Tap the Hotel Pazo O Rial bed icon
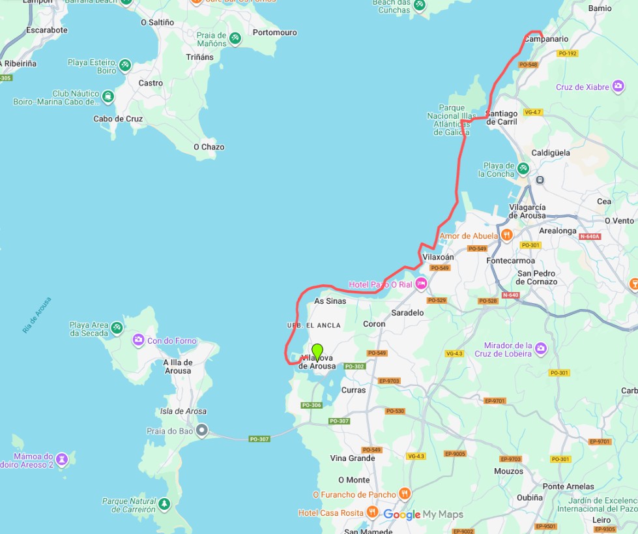tap(421, 284)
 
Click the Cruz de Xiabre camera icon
tap(617, 87)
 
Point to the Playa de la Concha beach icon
tap(523, 169)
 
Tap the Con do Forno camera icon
tap(138, 340)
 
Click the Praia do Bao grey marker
tap(202, 430)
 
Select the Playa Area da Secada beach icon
tap(117, 327)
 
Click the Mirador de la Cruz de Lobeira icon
tap(541, 350)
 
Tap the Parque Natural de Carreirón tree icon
tap(165, 504)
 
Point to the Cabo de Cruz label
tap(118, 119)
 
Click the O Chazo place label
tap(209, 147)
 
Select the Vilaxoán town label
tap(438, 257)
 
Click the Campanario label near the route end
tap(546, 39)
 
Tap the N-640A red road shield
tap(589, 236)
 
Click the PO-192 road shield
tap(567, 53)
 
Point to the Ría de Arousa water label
tap(36, 316)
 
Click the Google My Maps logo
tap(423, 514)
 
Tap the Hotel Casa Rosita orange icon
tap(372, 512)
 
